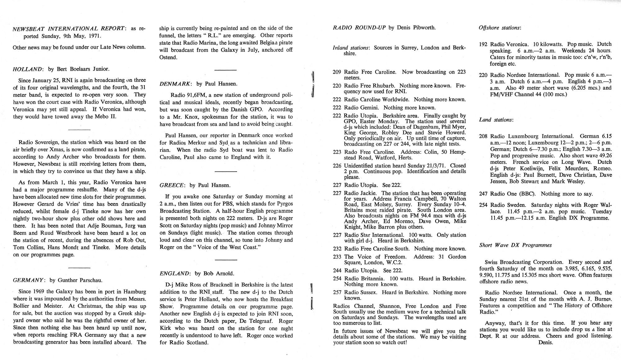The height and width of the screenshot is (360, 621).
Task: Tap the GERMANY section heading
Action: tap(29, 280)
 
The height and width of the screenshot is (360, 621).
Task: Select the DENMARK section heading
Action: tap(176, 84)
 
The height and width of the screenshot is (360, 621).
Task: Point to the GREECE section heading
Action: tap(172, 185)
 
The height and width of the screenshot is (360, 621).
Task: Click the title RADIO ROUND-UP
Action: tap(360, 28)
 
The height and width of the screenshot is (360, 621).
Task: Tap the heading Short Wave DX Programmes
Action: tap(515, 245)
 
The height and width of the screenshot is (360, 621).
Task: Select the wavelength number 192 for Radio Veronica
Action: tap(483, 44)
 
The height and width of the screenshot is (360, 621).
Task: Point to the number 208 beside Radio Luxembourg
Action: tap(483, 136)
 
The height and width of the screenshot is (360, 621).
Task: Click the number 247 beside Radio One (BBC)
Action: tap(483, 194)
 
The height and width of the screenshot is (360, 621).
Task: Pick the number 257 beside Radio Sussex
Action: tap(337, 292)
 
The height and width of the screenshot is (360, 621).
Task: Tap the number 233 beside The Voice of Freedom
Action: tap(337, 257)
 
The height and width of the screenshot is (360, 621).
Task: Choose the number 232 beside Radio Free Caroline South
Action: tap(337, 249)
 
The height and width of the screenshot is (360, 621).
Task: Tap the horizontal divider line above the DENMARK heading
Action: tap(226, 70)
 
